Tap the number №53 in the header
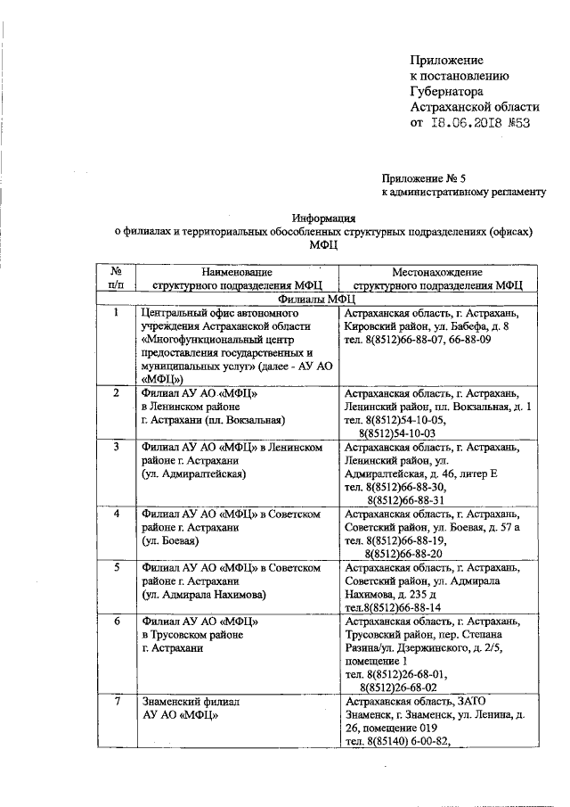click(x=517, y=124)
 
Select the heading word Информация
click(x=325, y=217)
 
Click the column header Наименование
click(x=235, y=271)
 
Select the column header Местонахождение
click(x=436, y=271)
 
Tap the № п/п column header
click(x=117, y=278)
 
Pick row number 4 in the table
click(x=117, y=515)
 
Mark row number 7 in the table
click(x=117, y=703)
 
